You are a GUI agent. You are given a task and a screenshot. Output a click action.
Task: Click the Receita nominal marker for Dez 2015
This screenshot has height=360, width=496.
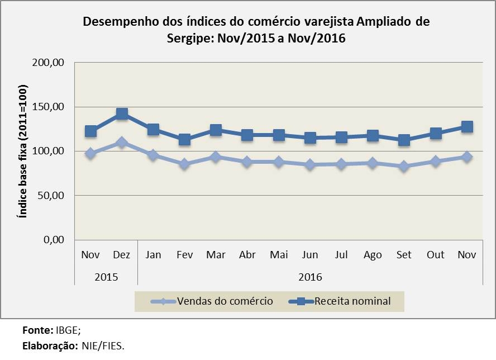tap(122, 115)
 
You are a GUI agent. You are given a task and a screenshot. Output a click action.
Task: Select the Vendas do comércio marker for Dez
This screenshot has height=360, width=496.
tap(122, 143)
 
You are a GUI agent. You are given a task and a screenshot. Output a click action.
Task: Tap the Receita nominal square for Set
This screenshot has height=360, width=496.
tap(404, 140)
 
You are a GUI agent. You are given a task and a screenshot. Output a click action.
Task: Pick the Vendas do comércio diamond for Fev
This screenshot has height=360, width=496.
tap(184, 164)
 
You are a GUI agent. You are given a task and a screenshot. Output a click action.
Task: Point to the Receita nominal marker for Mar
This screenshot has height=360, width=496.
tap(216, 130)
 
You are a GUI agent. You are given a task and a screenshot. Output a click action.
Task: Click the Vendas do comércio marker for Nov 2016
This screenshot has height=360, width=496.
tap(466, 157)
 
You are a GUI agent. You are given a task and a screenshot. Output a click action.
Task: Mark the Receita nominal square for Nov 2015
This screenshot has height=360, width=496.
tap(90, 131)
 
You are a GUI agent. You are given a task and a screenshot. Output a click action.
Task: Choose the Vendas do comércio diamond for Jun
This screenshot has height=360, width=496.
tap(309, 165)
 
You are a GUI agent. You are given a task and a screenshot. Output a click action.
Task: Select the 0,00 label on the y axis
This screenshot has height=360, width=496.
tap(55, 240)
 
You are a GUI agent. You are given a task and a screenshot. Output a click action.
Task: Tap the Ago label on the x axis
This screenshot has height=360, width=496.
tap(373, 255)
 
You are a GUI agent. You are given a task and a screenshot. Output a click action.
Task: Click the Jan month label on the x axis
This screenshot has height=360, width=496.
tap(153, 255)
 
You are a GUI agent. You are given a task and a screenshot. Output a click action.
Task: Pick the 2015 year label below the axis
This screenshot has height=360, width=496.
tap(106, 276)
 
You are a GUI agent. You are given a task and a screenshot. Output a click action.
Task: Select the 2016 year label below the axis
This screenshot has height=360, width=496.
tap(309, 276)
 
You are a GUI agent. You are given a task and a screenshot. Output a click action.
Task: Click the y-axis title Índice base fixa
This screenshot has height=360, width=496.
tap(23, 151)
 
